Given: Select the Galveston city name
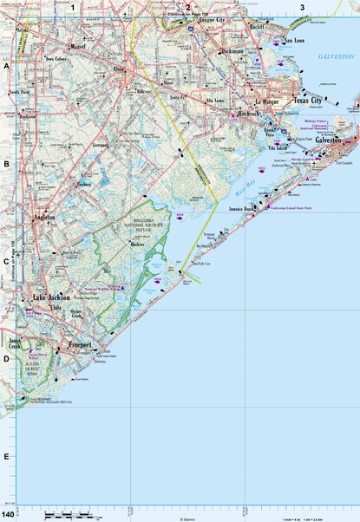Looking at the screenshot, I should [x=331, y=140].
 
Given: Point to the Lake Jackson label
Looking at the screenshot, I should [x=52, y=298].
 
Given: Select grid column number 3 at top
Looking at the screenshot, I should [x=302, y=8].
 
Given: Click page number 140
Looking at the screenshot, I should [x=8, y=516].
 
